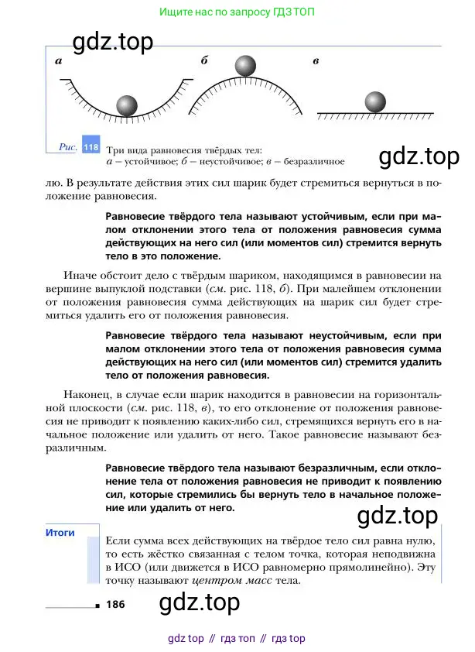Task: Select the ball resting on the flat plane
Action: pos(375,101)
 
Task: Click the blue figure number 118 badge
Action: pos(91,146)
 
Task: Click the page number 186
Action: pos(117,604)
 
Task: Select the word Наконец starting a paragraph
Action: pos(70,393)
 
